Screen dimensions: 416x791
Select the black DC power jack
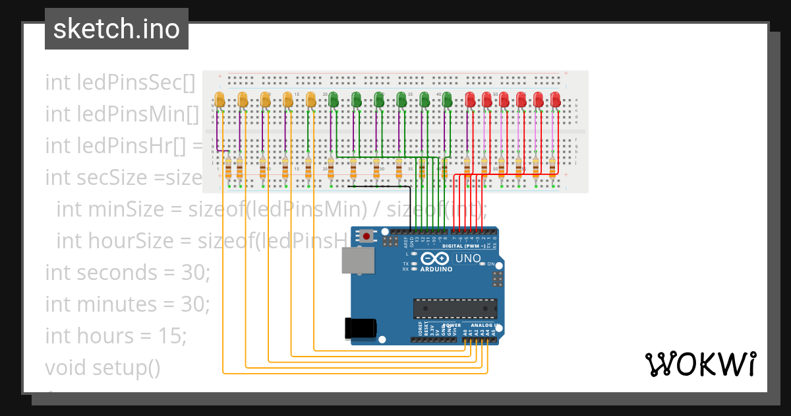click(361, 328)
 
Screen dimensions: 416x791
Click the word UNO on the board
click(468, 258)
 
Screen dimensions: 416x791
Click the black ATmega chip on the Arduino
click(455, 308)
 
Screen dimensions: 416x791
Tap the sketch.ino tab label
click(117, 29)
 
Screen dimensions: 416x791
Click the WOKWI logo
click(700, 364)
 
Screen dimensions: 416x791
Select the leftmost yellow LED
click(220, 100)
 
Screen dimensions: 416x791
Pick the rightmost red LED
click(556, 100)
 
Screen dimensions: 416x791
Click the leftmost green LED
click(334, 100)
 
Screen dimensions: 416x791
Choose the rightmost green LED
click(447, 100)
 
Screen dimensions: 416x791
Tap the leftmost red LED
click(470, 100)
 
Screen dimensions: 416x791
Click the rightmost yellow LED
click(310, 100)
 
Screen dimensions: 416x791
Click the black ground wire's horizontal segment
click(379, 186)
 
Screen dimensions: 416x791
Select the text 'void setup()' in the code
click(102, 367)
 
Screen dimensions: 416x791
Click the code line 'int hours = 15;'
click(116, 335)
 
